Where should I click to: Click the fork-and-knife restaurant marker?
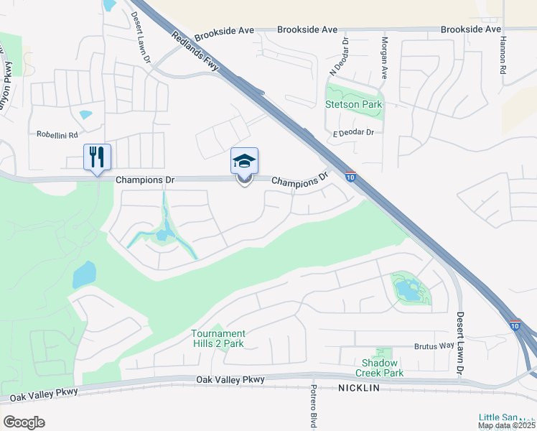pyautogui.click(x=98, y=157)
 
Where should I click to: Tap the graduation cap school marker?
pyautogui.click(x=244, y=161)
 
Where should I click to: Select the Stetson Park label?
pyautogui.click(x=354, y=104)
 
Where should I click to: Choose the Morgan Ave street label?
pyautogui.click(x=384, y=57)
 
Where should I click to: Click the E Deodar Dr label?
pyautogui.click(x=354, y=132)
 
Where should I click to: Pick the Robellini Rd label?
pyautogui.click(x=57, y=134)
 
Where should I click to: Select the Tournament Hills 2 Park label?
pyautogui.click(x=218, y=338)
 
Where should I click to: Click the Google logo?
pyautogui.click(x=24, y=422)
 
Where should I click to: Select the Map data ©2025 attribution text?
pyautogui.click(x=507, y=425)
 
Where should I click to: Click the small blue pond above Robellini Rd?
pyautogui.click(x=85, y=114)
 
